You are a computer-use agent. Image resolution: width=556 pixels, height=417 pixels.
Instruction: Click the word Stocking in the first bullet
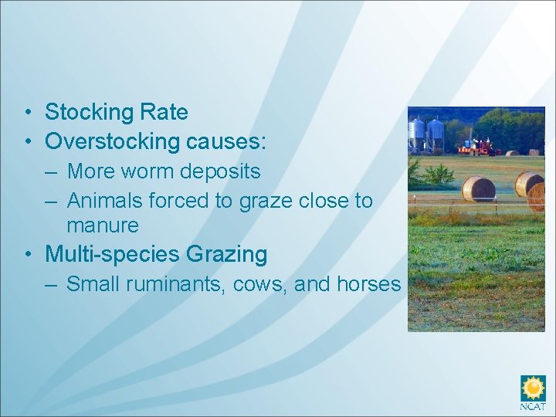click(x=87, y=113)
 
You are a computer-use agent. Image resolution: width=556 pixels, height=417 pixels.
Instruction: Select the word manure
click(x=103, y=226)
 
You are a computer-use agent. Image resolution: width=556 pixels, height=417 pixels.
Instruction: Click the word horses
click(x=368, y=284)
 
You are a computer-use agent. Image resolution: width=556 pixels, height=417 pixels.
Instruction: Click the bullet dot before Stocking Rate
click(x=27, y=114)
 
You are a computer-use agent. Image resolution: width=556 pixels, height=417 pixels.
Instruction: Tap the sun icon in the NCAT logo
click(x=533, y=387)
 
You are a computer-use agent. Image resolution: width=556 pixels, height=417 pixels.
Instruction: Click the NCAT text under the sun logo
click(x=533, y=405)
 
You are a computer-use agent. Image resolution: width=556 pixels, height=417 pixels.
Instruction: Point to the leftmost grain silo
click(x=417, y=134)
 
